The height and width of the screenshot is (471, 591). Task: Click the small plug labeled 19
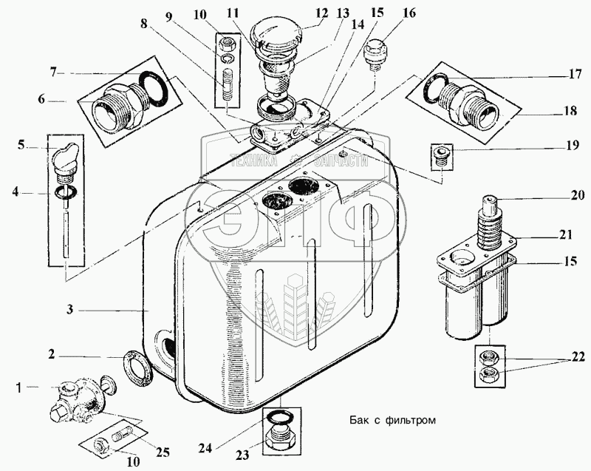pyautogui.click(x=442, y=154)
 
